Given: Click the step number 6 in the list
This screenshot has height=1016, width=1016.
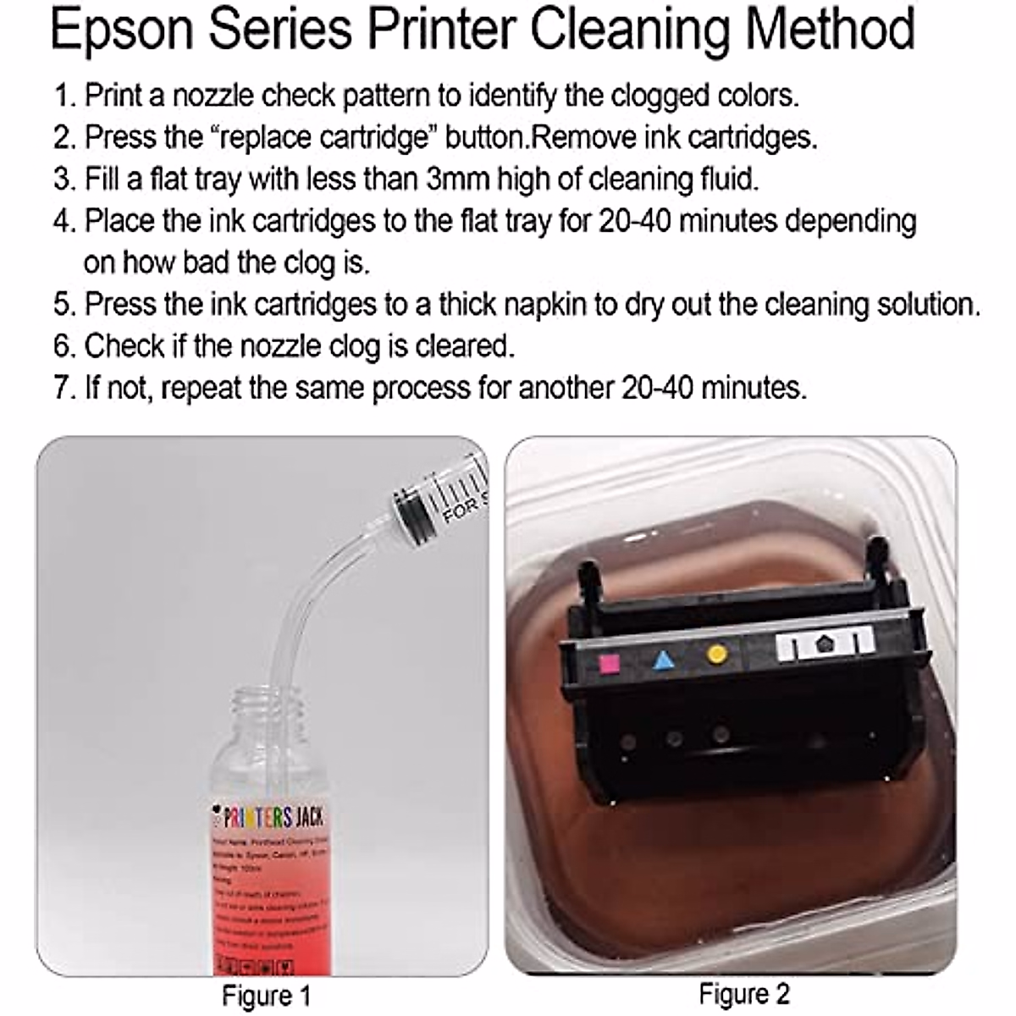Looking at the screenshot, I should (63, 346).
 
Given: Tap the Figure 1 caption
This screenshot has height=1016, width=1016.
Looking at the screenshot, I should (266, 996).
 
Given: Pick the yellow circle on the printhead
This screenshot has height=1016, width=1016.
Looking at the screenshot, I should (717, 654).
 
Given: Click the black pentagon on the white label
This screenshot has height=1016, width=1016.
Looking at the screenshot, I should (823, 646).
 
